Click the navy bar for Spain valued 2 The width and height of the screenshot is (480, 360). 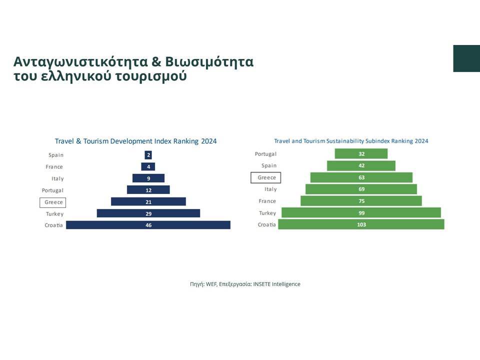coord(148,155)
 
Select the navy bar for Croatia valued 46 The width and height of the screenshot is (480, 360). coord(148,225)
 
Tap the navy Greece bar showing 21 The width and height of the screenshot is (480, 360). coord(148,201)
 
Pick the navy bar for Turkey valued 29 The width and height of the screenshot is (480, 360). coord(148,213)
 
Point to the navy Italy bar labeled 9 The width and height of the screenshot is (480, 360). coord(148,178)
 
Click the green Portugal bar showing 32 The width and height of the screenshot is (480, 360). coord(361,153)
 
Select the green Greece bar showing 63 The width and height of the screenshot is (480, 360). coord(361,177)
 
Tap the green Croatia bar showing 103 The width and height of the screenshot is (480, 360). coord(361,224)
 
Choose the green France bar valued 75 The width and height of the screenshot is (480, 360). coord(361,201)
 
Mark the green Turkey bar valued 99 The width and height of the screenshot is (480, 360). coord(361,213)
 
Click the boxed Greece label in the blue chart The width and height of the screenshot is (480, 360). coord(53,202)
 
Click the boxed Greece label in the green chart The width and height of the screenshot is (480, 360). coord(266,177)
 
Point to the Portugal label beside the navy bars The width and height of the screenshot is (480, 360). coord(52,190)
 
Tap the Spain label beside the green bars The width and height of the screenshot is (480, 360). coord(269,165)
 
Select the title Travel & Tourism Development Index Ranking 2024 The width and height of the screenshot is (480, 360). coord(135,141)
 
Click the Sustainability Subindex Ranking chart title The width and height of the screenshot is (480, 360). coord(351,141)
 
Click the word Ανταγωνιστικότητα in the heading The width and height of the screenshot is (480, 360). coord(81,62)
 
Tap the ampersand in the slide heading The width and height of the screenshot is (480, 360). coord(156,61)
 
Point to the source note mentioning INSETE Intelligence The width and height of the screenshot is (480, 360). coord(245,284)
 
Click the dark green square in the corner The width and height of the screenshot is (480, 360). coord(466,58)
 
